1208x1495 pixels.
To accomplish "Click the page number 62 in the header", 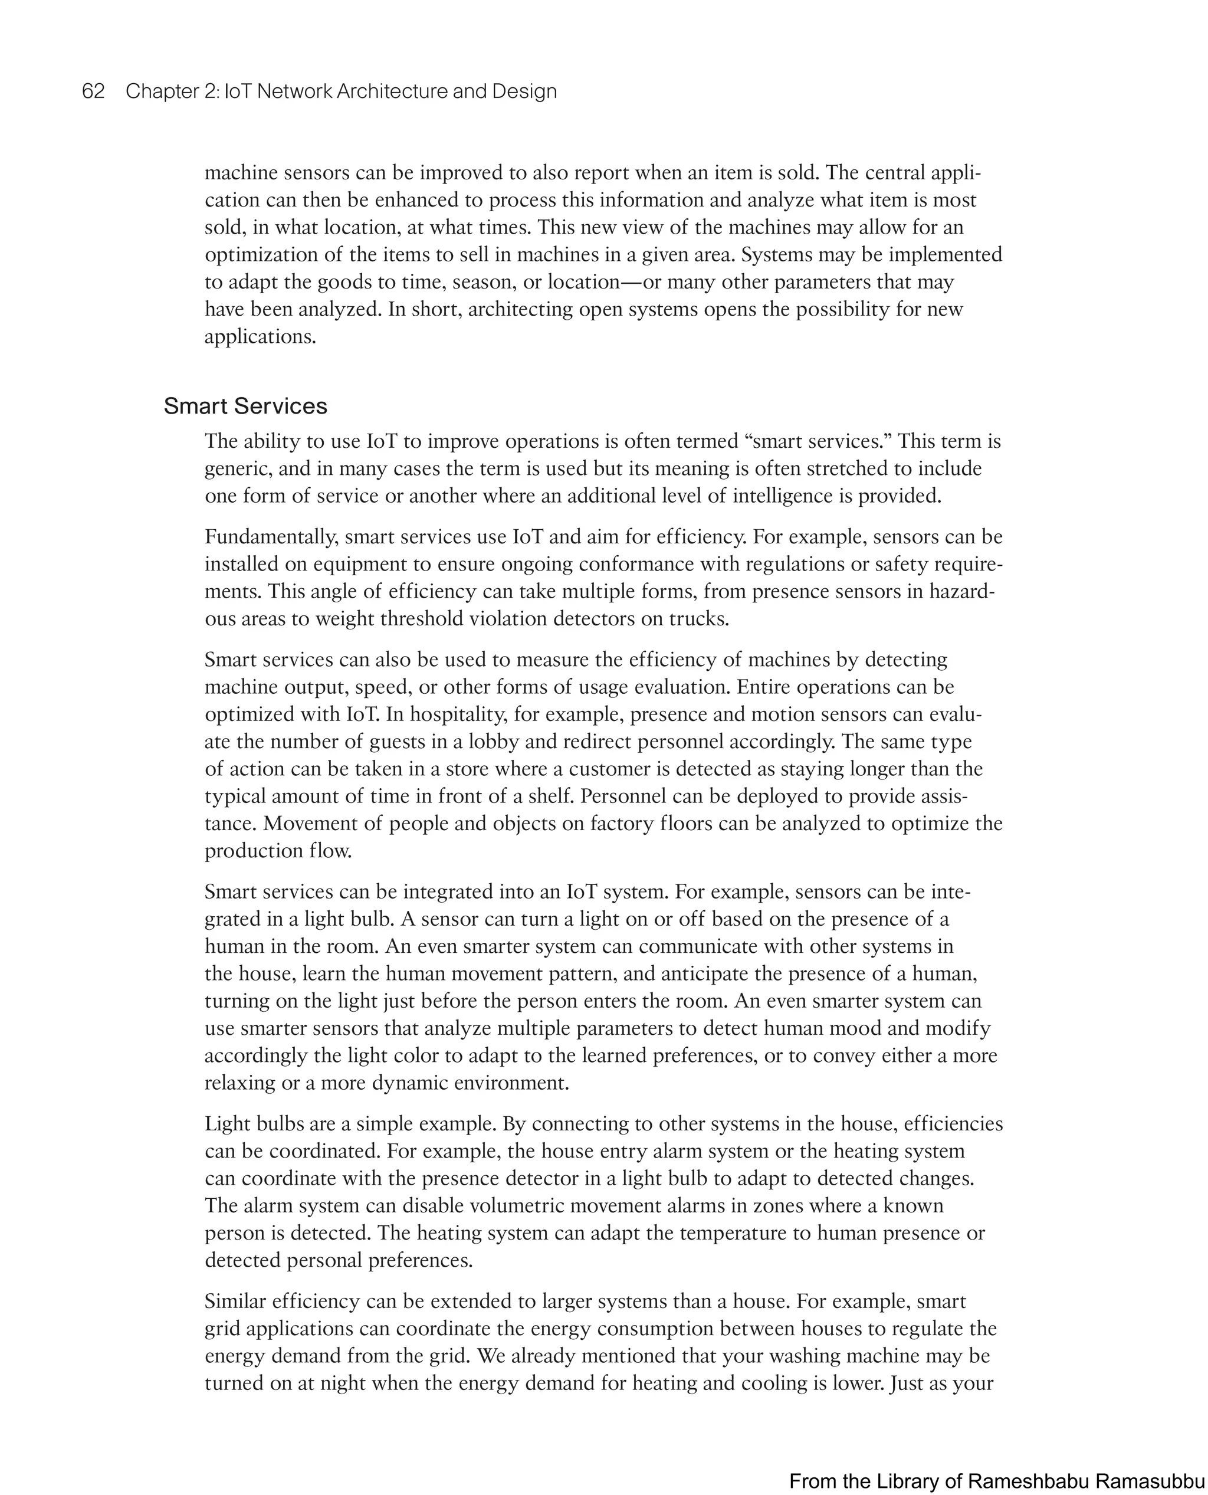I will (93, 91).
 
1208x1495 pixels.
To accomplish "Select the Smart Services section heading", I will (245, 406).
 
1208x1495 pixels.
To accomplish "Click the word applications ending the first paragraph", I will (260, 337).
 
